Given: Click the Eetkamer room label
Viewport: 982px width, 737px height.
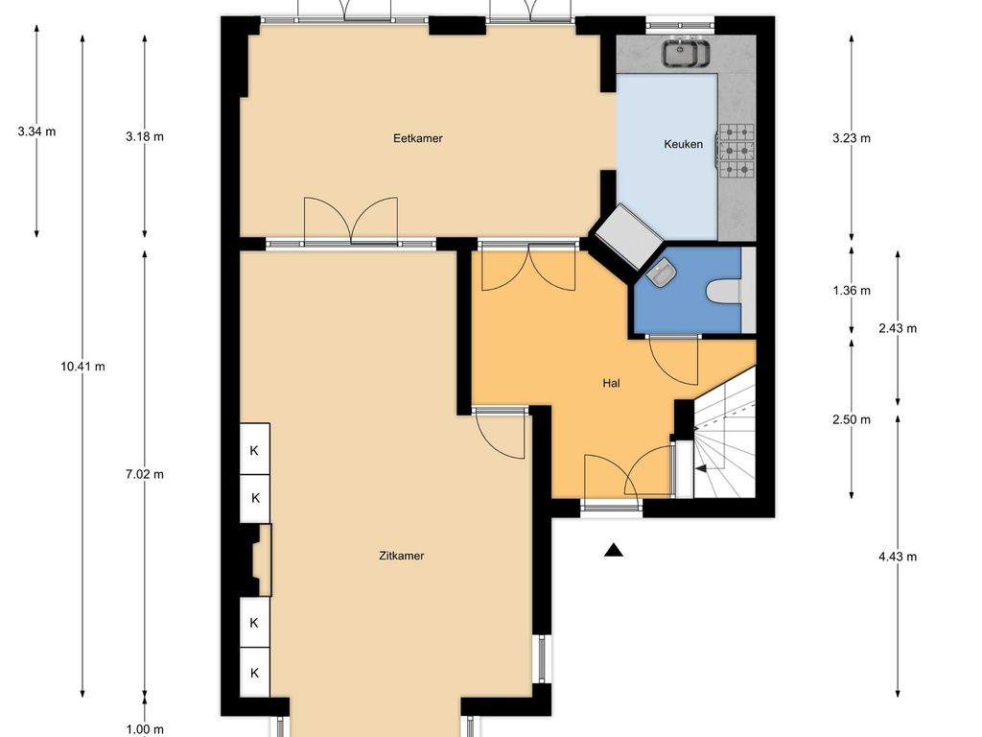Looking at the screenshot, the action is click(418, 138).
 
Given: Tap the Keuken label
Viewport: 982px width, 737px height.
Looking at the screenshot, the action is click(683, 144).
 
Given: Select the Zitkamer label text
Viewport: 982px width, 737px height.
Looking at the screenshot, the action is click(402, 556).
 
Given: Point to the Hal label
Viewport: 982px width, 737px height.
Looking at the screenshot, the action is click(611, 383).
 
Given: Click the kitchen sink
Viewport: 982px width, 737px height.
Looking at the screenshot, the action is click(687, 52).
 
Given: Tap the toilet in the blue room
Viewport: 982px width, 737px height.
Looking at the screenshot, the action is click(724, 292).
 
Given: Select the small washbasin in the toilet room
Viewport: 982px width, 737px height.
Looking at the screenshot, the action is click(661, 273).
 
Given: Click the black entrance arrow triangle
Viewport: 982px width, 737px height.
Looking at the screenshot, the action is click(614, 550).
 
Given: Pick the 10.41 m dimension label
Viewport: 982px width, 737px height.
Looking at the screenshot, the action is click(82, 367).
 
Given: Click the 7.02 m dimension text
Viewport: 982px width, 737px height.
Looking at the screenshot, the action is click(145, 474).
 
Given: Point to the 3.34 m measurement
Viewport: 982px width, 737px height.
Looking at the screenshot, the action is click(36, 131).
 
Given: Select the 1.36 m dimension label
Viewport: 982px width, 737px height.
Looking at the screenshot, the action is click(852, 291).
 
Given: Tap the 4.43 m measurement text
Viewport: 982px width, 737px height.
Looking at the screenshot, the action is click(898, 557).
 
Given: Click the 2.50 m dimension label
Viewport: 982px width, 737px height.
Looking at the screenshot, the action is click(852, 420).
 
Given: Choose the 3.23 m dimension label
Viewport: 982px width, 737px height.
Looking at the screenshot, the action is click(852, 138).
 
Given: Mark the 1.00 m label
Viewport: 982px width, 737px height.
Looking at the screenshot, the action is click(145, 729).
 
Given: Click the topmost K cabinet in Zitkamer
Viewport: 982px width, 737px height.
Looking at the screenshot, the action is click(255, 449).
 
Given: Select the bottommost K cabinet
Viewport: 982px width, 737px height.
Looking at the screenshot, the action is click(255, 672).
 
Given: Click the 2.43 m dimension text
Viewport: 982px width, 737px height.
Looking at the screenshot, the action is click(898, 328).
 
